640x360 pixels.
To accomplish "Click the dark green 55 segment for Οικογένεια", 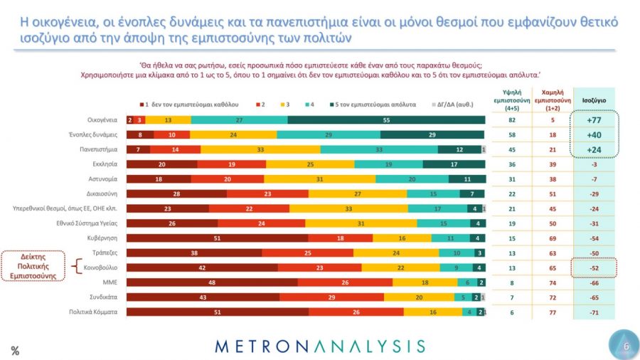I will coord(386,120).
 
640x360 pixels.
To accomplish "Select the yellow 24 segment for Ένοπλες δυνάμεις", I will coord(233,135).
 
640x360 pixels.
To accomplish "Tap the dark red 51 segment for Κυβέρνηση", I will coord(217,238).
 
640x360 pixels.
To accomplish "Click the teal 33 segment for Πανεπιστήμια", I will coord(379,150).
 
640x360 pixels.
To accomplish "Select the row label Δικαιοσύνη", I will coord(102,194).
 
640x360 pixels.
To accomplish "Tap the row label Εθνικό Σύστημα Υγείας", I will coord(82,223).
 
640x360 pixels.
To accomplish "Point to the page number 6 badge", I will coord(625,346).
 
